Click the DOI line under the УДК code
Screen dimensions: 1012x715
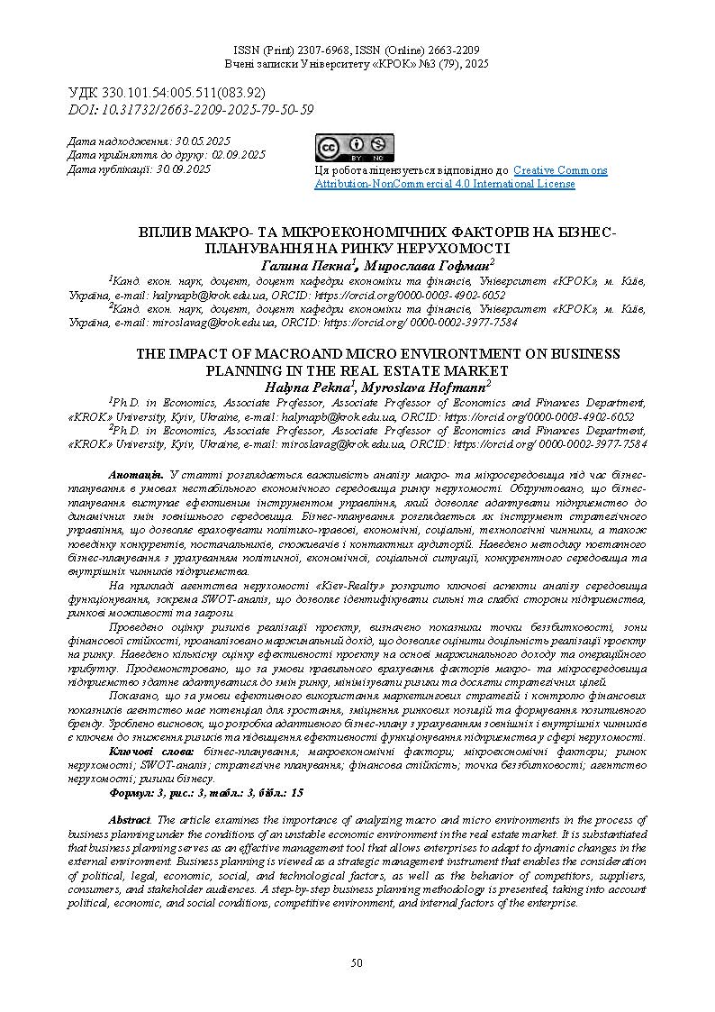click(x=191, y=110)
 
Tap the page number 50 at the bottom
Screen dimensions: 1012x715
click(x=357, y=963)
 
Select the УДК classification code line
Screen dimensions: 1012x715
click(x=167, y=93)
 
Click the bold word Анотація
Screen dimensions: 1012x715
click(x=135, y=474)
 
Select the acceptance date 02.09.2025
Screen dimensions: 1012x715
click(x=237, y=155)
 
